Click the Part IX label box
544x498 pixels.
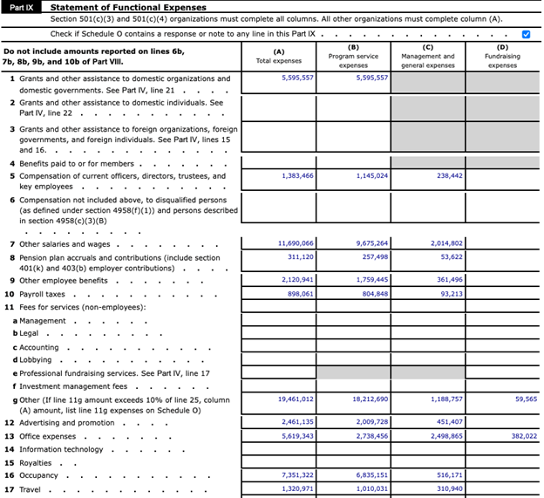(x=22, y=7)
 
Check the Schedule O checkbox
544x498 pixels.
(x=526, y=34)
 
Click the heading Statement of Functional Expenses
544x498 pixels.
(x=128, y=8)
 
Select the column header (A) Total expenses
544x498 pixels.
(x=278, y=57)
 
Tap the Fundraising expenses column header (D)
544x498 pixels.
(x=502, y=57)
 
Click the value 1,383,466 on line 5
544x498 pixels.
(x=296, y=175)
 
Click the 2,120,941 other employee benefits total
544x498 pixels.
(x=296, y=280)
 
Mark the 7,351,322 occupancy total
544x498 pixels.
(x=296, y=476)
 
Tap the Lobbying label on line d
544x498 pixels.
(x=36, y=359)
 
